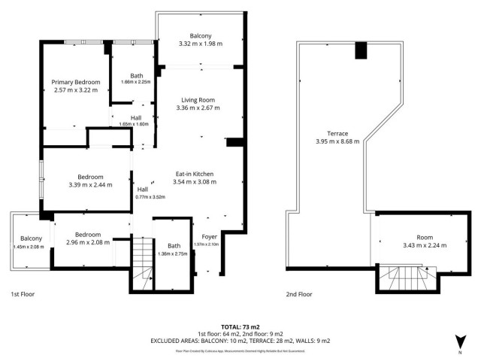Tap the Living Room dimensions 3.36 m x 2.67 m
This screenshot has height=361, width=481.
tap(200, 108)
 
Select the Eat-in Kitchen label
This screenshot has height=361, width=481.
tap(195, 173)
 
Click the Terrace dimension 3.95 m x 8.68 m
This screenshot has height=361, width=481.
tap(337, 141)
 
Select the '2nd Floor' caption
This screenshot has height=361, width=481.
tap(299, 294)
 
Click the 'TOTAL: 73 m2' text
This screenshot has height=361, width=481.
tap(240, 327)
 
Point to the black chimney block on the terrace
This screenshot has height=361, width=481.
tap(360, 50)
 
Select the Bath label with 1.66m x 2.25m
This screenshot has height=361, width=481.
tap(136, 75)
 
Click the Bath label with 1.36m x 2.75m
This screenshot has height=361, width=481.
tap(174, 246)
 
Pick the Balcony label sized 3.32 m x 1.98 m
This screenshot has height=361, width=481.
tap(200, 35)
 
